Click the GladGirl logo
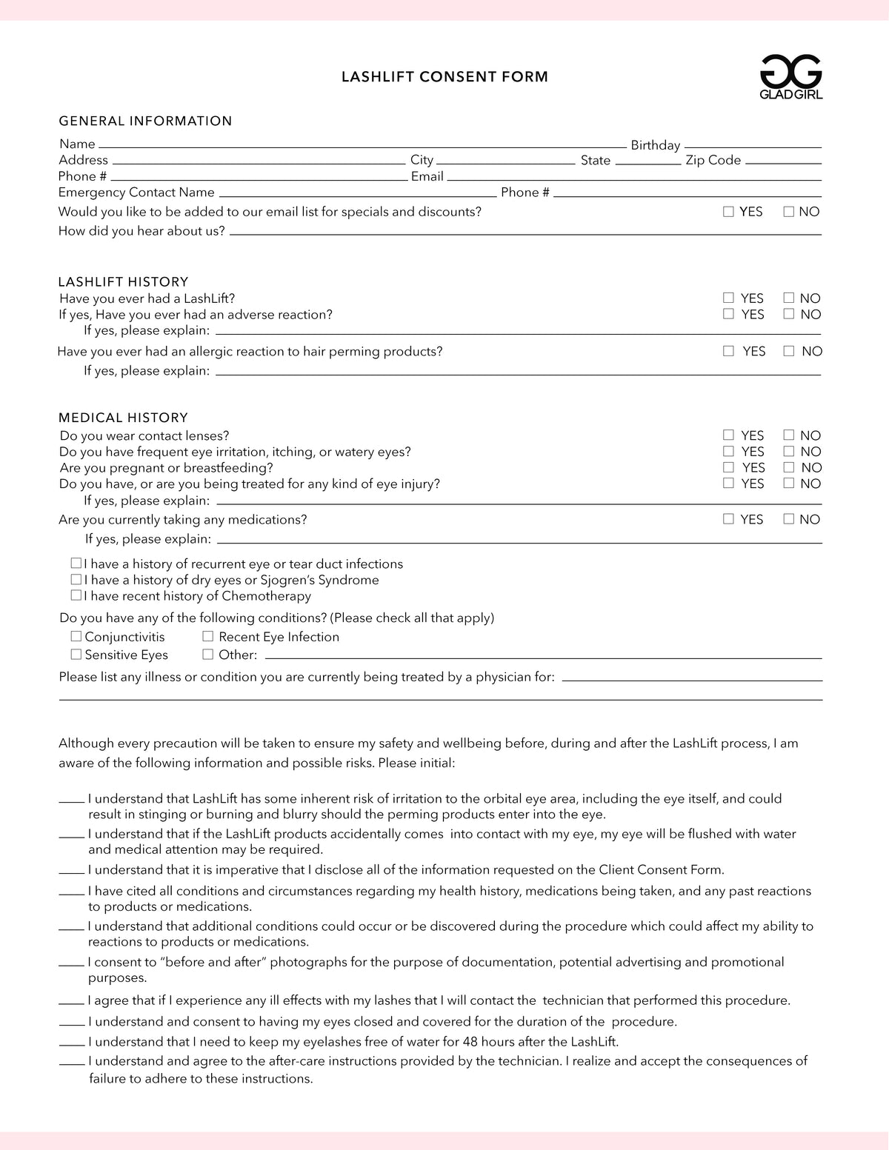(x=791, y=77)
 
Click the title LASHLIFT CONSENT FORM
(x=444, y=77)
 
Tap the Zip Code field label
(x=713, y=160)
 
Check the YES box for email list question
(x=728, y=212)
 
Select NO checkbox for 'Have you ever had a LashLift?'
(x=789, y=298)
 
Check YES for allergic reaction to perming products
(x=728, y=351)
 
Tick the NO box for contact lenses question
(x=789, y=435)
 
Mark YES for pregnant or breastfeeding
(x=728, y=467)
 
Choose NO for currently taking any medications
(x=789, y=519)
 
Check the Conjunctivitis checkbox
(x=76, y=636)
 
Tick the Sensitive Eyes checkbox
(x=76, y=654)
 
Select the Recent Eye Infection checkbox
(x=208, y=636)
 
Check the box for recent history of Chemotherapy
(x=76, y=595)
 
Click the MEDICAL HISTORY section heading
(x=123, y=418)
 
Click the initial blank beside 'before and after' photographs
(x=71, y=965)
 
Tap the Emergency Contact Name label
(x=136, y=193)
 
